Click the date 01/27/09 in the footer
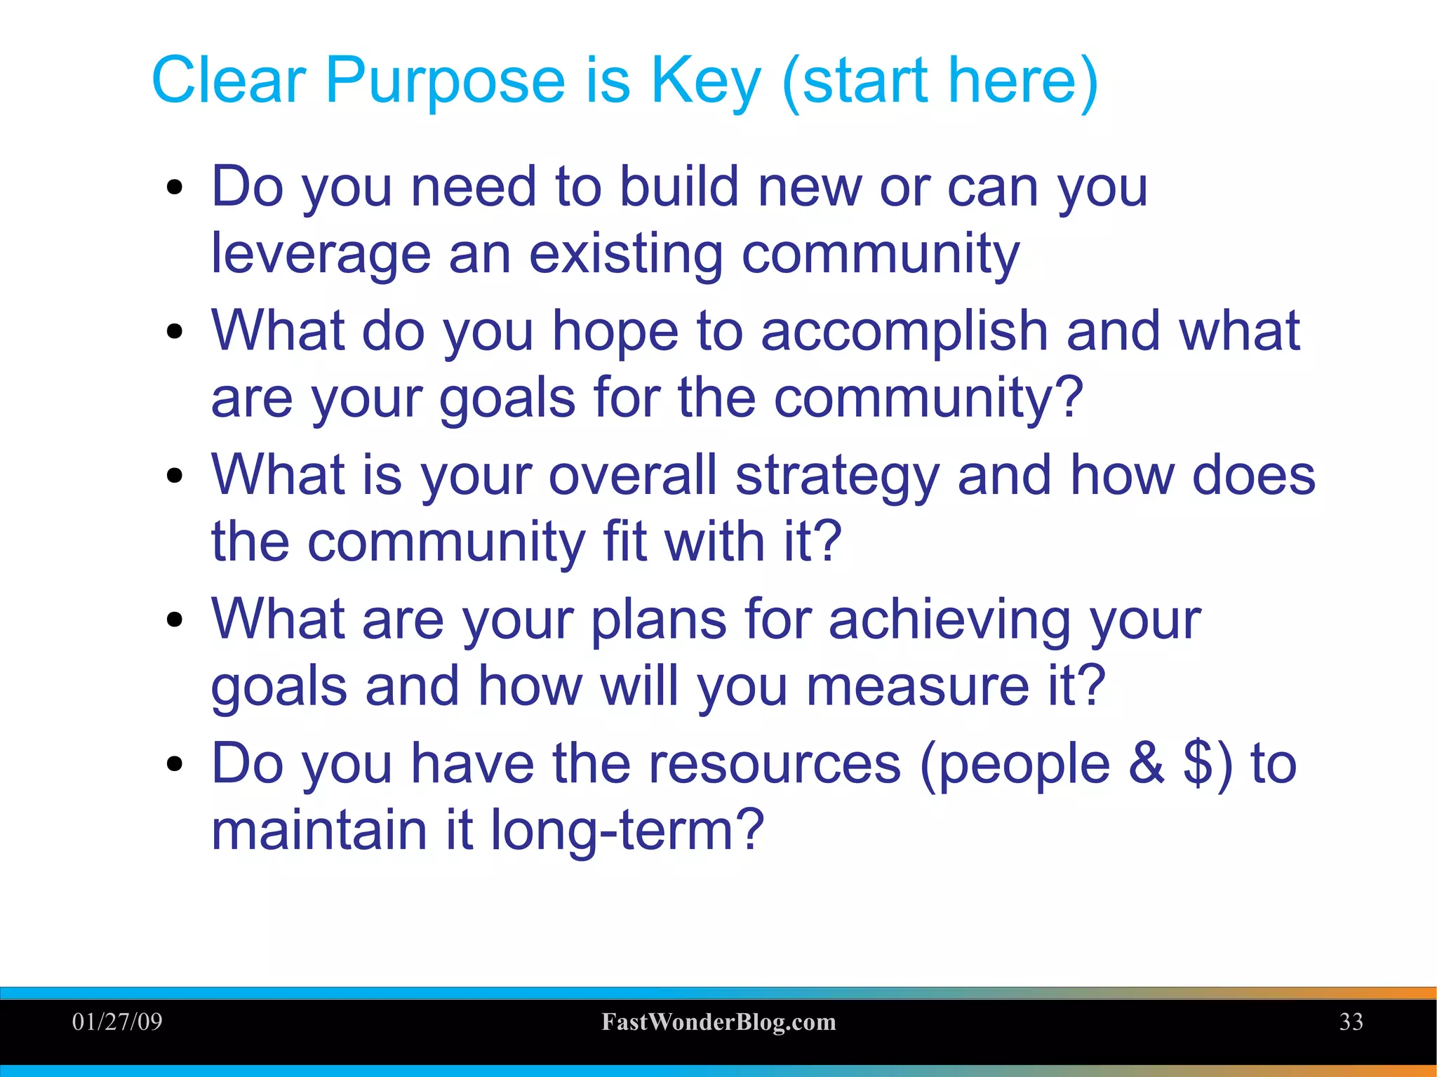[117, 1022]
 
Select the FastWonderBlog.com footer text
[718, 1022]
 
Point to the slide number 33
[1351, 1022]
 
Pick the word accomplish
[904, 332]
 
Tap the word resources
[774, 763]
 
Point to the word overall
[633, 476]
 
